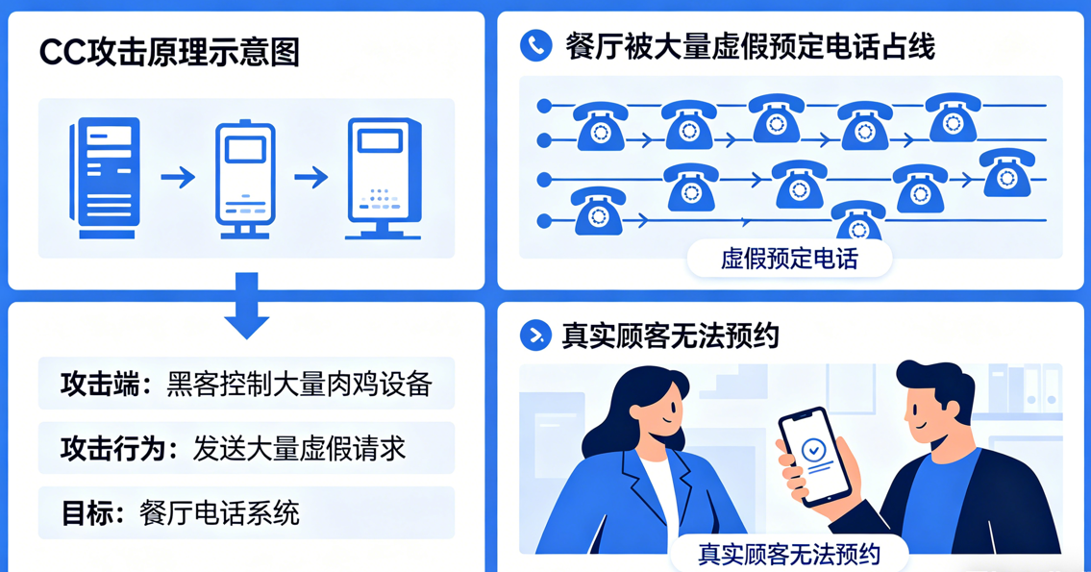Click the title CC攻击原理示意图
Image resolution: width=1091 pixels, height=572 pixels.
169,53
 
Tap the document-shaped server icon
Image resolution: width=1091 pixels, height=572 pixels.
105,178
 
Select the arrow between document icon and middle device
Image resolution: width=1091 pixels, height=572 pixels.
178,177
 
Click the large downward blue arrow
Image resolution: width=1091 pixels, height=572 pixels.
246,306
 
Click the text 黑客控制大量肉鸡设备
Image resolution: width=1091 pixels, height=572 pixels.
299,385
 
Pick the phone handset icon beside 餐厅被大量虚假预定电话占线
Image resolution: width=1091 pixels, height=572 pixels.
535,45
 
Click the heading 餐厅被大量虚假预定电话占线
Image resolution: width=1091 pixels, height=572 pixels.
750,46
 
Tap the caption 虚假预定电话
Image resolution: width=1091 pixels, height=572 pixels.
789,259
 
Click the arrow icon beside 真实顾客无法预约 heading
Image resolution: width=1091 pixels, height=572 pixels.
534,335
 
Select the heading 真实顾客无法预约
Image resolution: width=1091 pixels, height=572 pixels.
670,336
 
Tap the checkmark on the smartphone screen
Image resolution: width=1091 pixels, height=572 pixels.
813,448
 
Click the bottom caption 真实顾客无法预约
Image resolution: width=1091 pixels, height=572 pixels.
789,554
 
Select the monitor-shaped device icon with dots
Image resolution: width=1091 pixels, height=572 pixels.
384,178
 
